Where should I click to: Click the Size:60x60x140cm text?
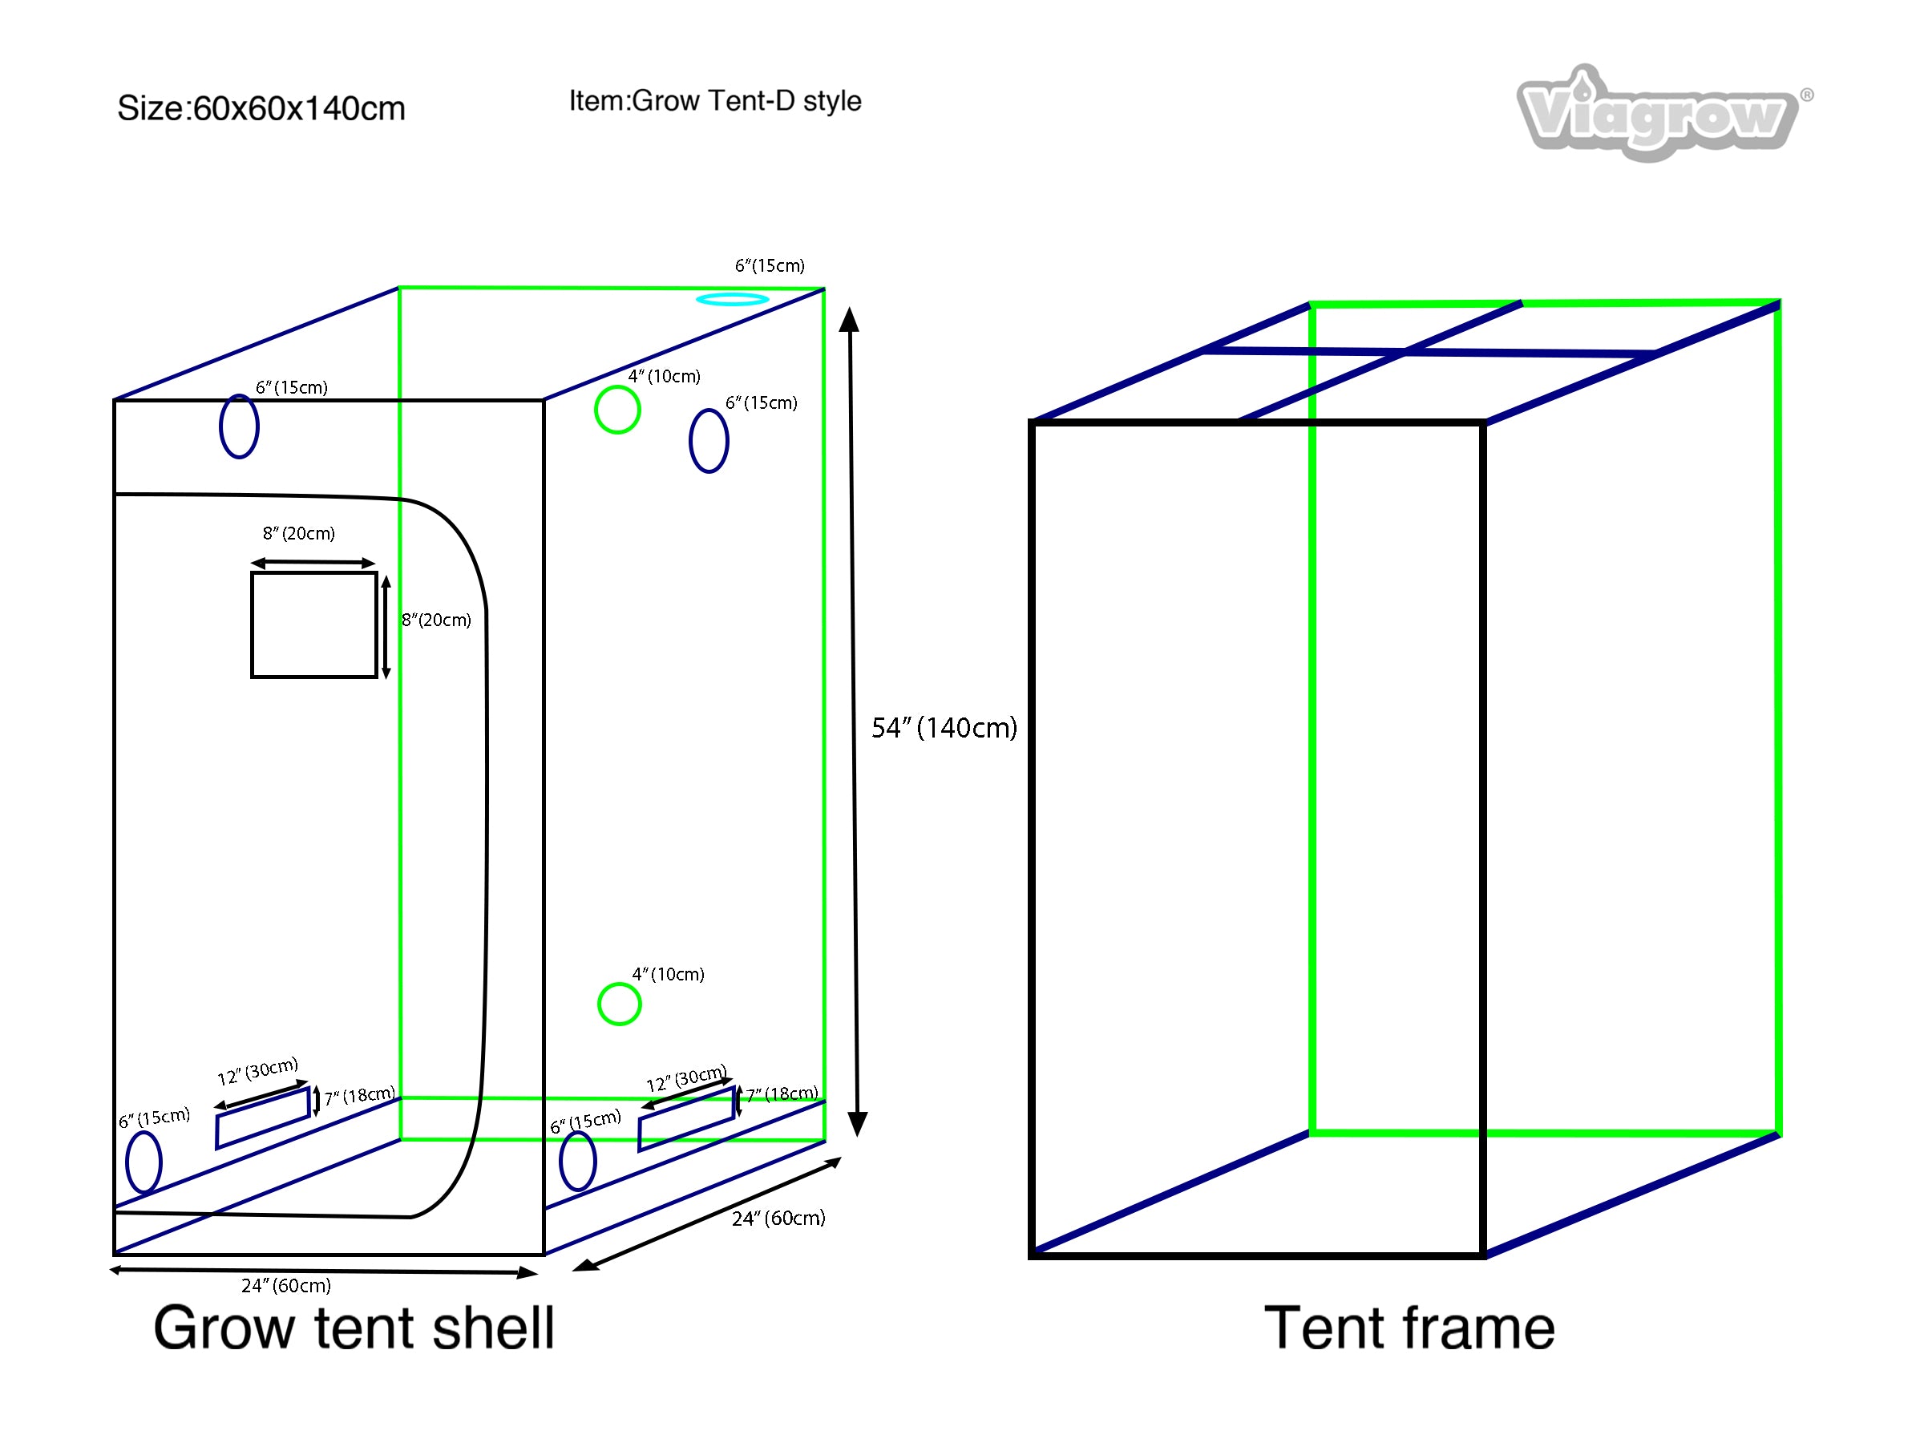(261, 109)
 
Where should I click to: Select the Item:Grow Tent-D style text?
(715, 101)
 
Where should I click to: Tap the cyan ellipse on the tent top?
(733, 299)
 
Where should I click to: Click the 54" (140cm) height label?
(944, 728)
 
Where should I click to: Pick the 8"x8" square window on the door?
(314, 624)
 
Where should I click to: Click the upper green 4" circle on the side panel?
(617, 410)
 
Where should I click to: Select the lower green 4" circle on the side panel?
(620, 1004)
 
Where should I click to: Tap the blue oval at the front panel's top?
(239, 426)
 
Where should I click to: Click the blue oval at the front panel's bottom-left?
(144, 1162)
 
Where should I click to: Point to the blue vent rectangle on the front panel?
(263, 1118)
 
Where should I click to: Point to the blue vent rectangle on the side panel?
(686, 1119)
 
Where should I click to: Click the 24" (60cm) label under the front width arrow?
(286, 1286)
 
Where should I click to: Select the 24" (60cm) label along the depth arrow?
(778, 1219)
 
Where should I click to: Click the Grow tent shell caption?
(354, 1329)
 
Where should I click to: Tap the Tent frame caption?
(1409, 1329)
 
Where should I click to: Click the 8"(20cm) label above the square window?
(298, 533)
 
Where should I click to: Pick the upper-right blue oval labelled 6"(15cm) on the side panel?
(709, 441)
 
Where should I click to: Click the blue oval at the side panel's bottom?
(577, 1160)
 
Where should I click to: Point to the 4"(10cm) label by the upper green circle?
(665, 377)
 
